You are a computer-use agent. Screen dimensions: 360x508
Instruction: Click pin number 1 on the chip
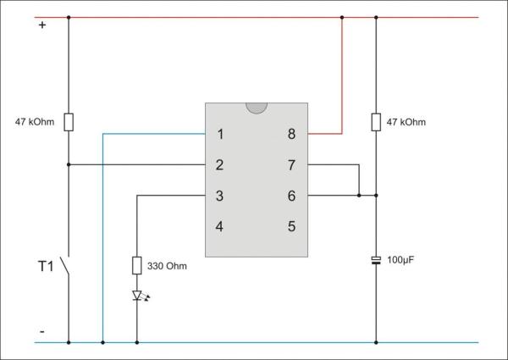point(220,134)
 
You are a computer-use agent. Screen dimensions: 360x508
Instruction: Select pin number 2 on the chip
point(220,164)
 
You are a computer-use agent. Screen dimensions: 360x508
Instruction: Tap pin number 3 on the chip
point(220,196)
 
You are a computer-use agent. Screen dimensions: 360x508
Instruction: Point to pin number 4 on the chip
point(220,226)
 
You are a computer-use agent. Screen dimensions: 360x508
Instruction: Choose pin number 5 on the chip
point(291,226)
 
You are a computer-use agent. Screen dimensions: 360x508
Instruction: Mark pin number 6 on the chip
point(291,196)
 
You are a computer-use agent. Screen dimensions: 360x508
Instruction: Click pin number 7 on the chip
point(291,164)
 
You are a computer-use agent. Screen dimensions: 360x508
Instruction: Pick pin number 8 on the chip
point(291,134)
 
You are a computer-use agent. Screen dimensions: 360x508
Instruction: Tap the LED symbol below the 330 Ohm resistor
point(136,296)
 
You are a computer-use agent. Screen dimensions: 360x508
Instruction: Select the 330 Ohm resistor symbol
point(136,266)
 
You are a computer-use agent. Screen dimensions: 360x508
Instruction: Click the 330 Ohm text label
point(166,266)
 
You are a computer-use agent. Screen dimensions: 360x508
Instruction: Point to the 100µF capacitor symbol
point(376,260)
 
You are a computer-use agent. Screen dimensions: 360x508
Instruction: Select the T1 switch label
point(46,266)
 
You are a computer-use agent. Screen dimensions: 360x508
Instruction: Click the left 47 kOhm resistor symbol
point(69,122)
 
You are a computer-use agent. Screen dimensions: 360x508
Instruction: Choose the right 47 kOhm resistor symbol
point(376,123)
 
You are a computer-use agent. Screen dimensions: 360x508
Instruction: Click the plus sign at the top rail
point(41,25)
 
